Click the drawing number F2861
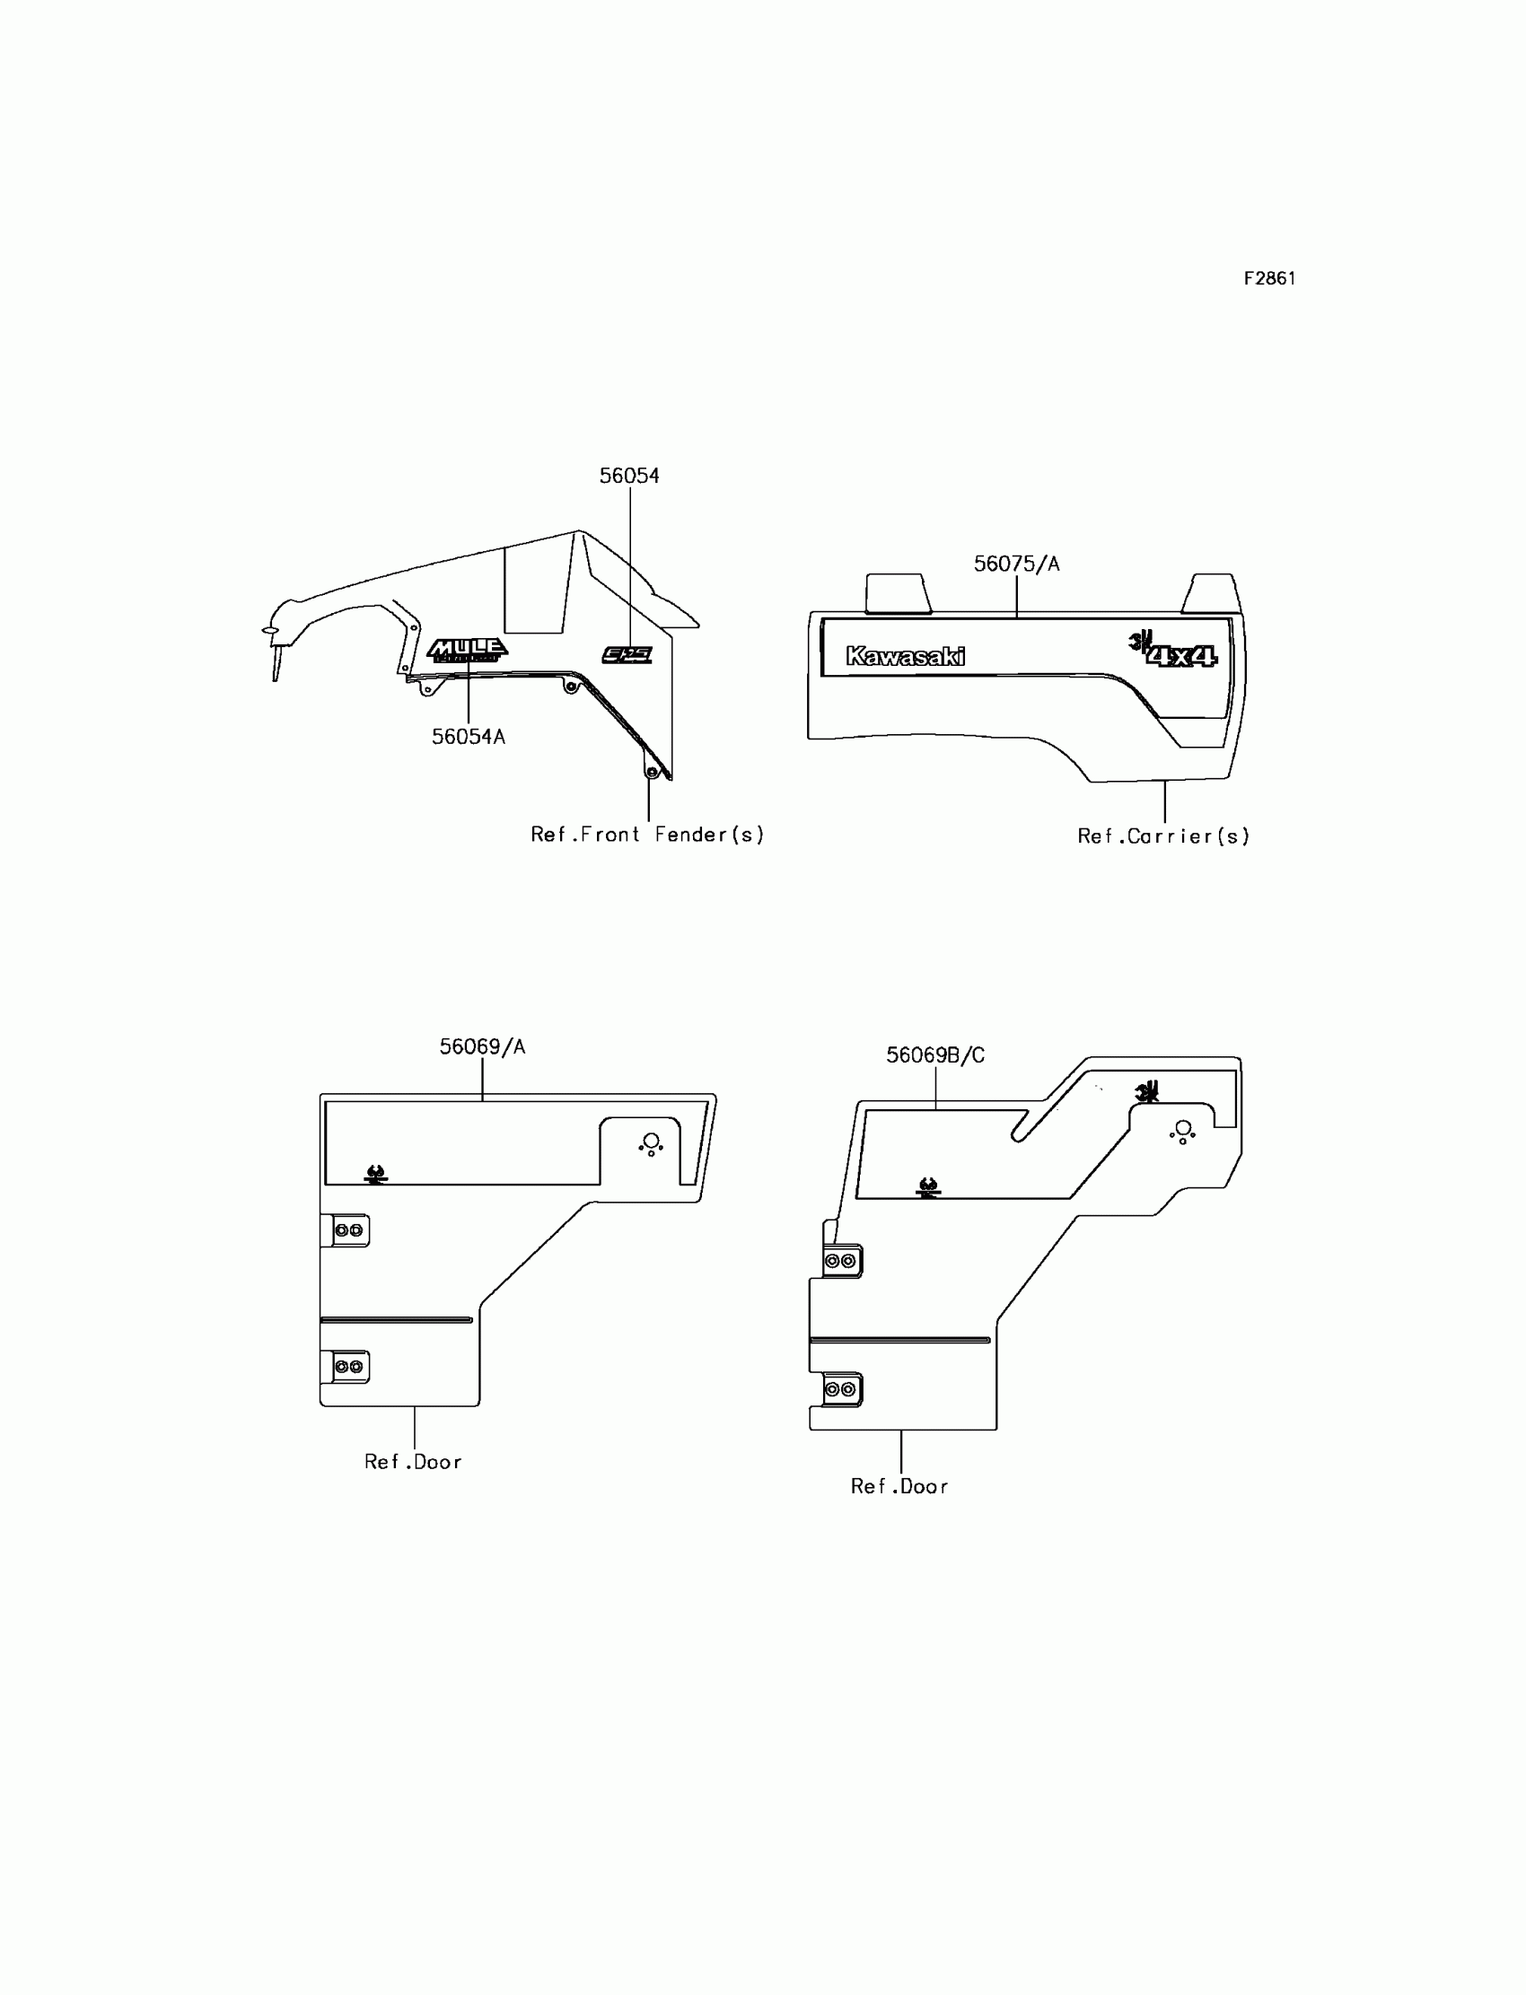click(x=1269, y=279)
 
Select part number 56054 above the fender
click(x=628, y=476)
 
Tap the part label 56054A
click(x=468, y=737)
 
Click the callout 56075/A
click(x=1015, y=564)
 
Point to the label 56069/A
click(x=482, y=1047)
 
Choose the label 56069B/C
click(x=934, y=1055)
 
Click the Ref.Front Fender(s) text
click(x=646, y=835)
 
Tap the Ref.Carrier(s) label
click(x=1162, y=836)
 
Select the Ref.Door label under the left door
click(x=413, y=1462)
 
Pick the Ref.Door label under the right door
click(x=899, y=1486)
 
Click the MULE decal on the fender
click(x=467, y=649)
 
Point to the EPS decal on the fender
click(x=627, y=654)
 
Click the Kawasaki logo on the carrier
click(x=905, y=656)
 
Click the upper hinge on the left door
click(x=348, y=1230)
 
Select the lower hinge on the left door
click(x=348, y=1367)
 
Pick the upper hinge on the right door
click(x=840, y=1261)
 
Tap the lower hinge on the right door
click(x=840, y=1390)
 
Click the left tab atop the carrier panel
click(x=897, y=593)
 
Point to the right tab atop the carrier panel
click(x=1208, y=593)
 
